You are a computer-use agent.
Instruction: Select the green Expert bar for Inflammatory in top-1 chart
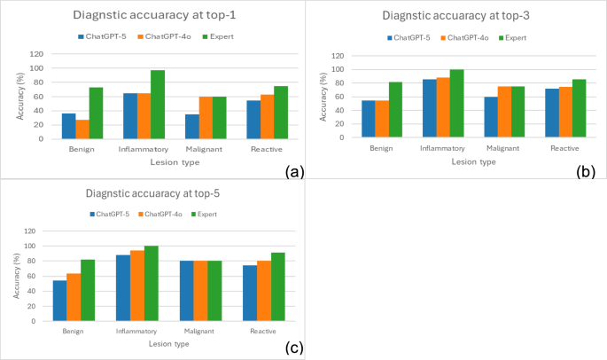click(x=158, y=105)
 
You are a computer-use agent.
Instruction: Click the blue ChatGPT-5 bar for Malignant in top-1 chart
click(x=191, y=127)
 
